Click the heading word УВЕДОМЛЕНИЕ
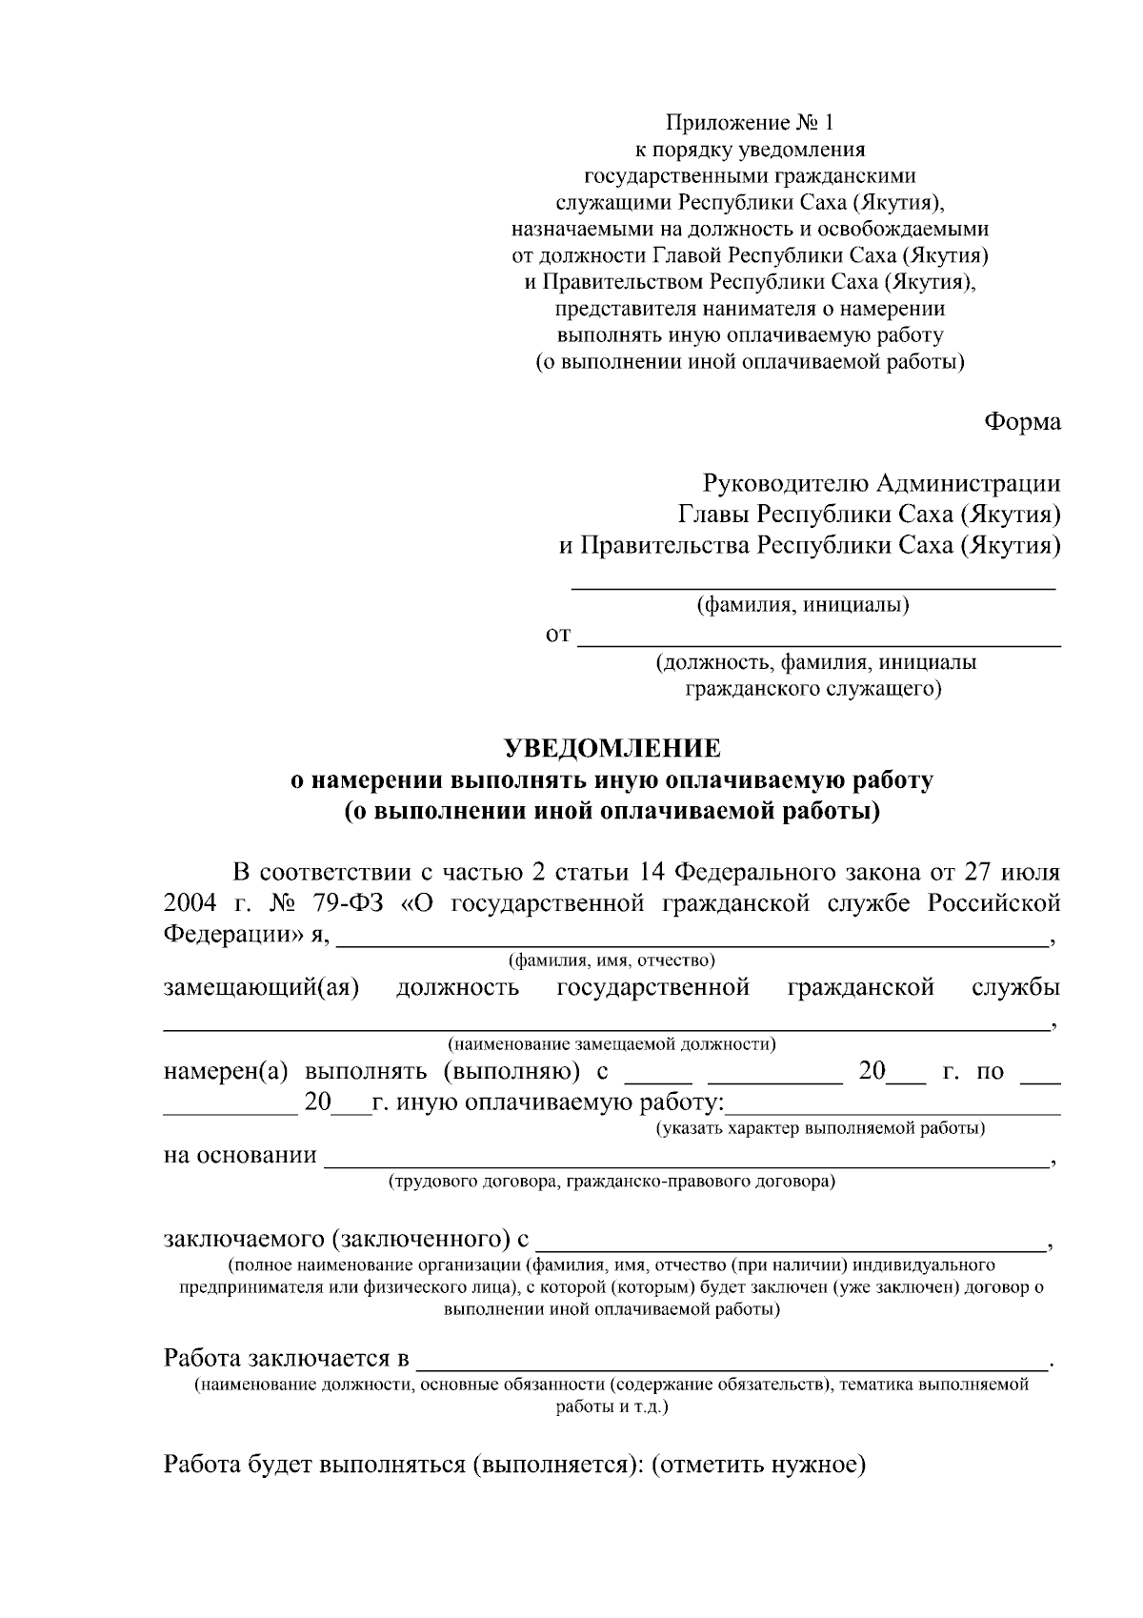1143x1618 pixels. click(x=612, y=747)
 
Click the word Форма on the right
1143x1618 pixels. click(x=1022, y=421)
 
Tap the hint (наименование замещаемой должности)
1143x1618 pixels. click(x=612, y=1044)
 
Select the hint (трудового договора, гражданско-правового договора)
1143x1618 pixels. click(x=612, y=1183)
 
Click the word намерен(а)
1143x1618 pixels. click(x=226, y=1071)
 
